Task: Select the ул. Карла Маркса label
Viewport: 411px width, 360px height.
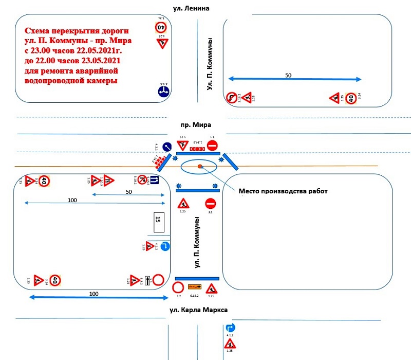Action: [x=198, y=310]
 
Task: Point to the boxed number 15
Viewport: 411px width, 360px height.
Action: [x=158, y=220]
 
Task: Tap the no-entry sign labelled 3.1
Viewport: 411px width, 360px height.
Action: [x=210, y=203]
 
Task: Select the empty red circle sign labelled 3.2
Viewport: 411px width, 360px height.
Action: [x=178, y=287]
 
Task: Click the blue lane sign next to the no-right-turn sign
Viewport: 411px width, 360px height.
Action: [x=153, y=181]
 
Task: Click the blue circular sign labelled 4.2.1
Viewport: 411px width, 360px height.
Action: [x=167, y=147]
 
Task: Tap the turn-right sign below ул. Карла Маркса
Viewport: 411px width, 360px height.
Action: [x=230, y=328]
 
